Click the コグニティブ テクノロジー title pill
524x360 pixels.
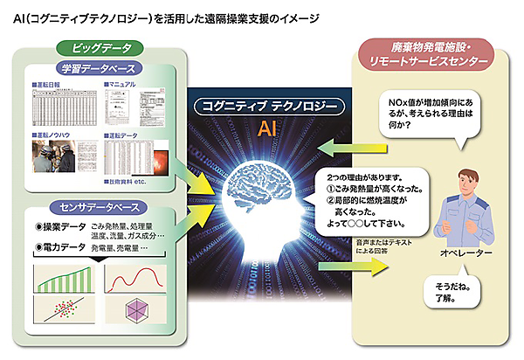pyautogui.click(x=261, y=105)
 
